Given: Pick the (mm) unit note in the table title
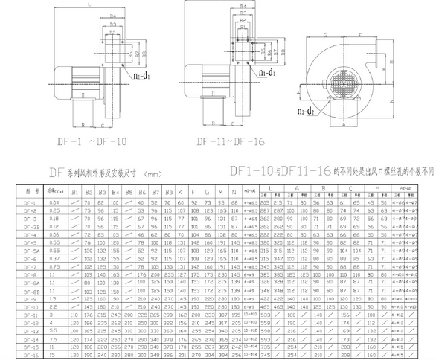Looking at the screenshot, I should (x=153, y=174).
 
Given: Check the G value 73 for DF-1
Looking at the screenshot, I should (x=207, y=202).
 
